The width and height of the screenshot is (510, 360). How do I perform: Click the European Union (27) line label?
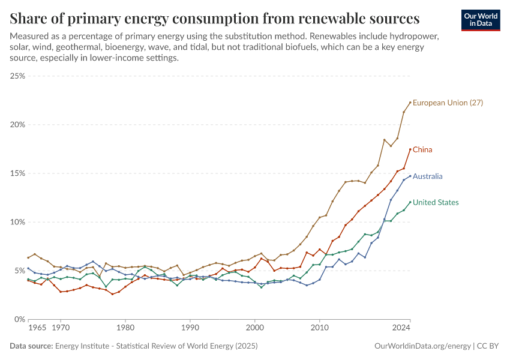[x=448, y=103]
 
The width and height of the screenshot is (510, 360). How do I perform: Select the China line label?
[x=422, y=149]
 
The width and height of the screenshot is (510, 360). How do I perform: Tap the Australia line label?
[x=428, y=176]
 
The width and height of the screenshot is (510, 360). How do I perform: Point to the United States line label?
[x=436, y=203]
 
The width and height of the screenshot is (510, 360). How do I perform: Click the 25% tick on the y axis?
[x=17, y=76]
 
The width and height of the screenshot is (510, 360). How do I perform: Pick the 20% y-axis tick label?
[x=17, y=125]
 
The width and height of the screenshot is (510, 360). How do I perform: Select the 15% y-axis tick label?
[x=17, y=173]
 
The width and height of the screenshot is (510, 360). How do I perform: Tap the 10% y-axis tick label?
[x=17, y=222]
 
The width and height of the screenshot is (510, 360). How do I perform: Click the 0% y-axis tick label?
[x=20, y=319]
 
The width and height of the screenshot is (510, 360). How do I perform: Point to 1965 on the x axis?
[x=37, y=328]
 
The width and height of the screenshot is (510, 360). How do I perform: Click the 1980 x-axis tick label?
[x=125, y=328]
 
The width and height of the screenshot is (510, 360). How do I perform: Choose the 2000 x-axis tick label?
[x=255, y=328]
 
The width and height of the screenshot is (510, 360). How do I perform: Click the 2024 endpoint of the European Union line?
[x=410, y=103]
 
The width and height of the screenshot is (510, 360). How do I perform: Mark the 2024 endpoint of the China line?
[x=410, y=149]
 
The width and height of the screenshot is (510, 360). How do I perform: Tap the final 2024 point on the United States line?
[x=410, y=202]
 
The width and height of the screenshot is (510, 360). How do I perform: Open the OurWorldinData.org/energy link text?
[x=421, y=346]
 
